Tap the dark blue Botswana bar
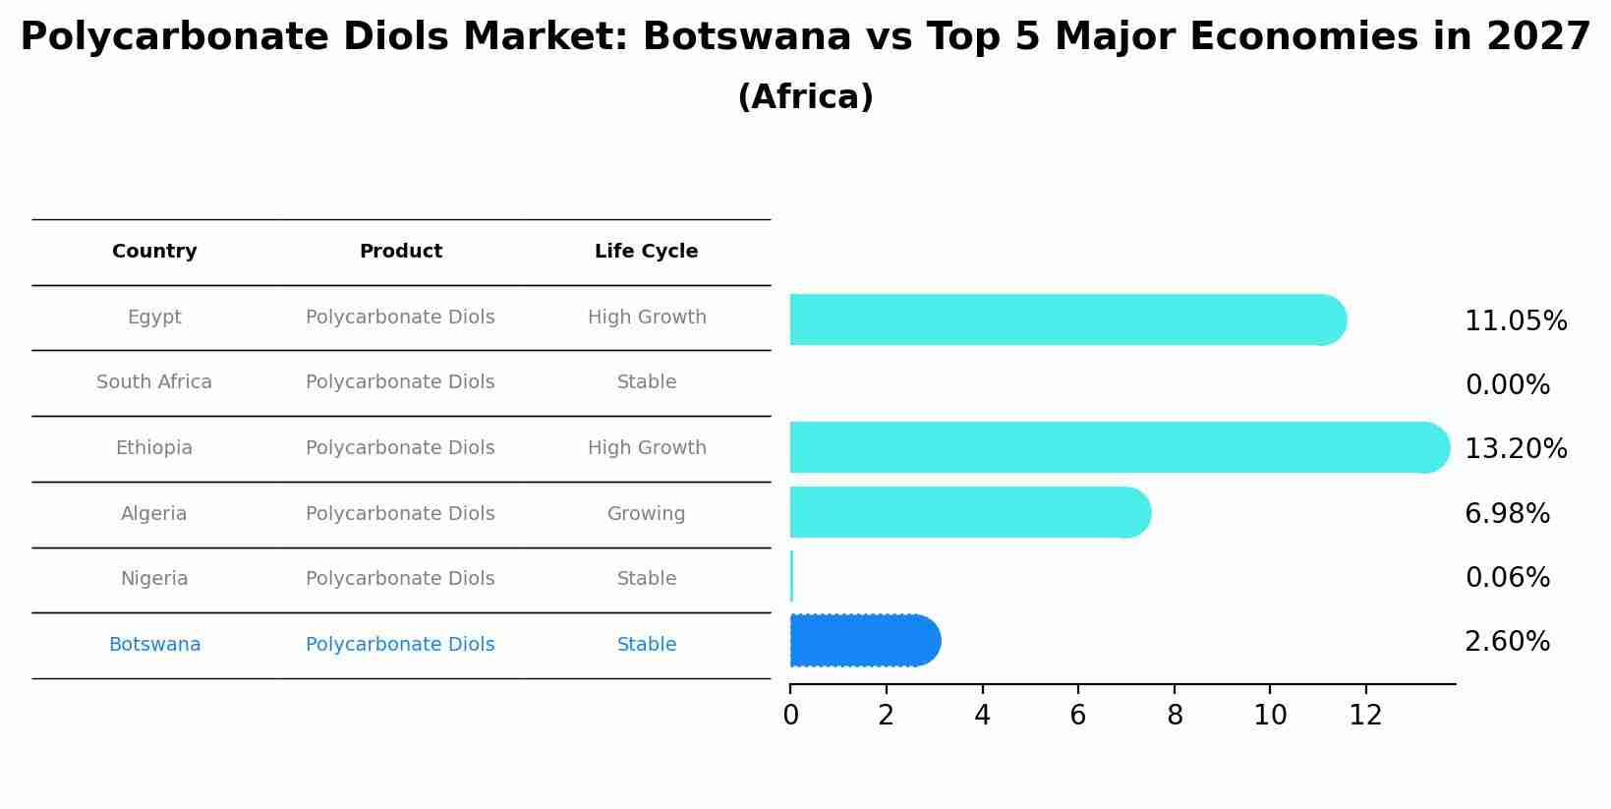click(864, 641)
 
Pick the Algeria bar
click(969, 512)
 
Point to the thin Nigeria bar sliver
click(791, 576)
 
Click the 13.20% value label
click(1515, 449)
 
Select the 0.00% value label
click(1507, 385)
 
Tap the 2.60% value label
click(1507, 642)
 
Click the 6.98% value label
click(1507, 514)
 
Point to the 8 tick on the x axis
click(1174, 716)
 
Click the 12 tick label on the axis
click(1365, 716)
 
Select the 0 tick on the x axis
click(790, 716)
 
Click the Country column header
click(154, 252)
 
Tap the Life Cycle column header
click(646, 252)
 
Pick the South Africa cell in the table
click(154, 382)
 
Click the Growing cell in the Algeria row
click(646, 514)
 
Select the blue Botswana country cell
click(154, 645)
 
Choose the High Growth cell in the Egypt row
click(646, 318)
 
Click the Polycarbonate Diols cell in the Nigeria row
click(400, 579)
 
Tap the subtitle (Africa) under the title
click(805, 97)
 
